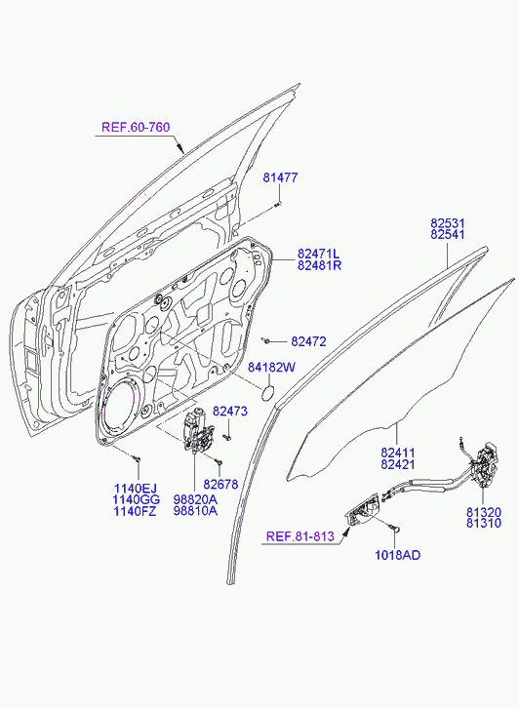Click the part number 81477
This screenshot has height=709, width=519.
tap(281, 177)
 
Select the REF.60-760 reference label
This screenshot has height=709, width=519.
tap(136, 127)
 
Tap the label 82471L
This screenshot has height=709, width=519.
tap(319, 254)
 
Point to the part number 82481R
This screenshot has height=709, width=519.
tap(319, 265)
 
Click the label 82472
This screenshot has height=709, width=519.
tap(308, 341)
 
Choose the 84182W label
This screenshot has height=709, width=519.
tap(271, 367)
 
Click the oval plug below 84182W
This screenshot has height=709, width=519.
tap(269, 392)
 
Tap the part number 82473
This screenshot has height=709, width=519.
tap(230, 412)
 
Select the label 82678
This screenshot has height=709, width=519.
tap(220, 485)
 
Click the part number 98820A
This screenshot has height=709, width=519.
tap(195, 499)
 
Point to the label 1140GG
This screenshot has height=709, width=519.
tap(137, 499)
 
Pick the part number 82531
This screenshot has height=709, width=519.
tap(448, 223)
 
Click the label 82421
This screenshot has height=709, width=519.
tap(398, 464)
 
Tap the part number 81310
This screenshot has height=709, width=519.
tap(484, 523)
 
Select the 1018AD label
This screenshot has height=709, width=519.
tap(398, 555)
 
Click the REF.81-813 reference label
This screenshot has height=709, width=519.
tap(300, 536)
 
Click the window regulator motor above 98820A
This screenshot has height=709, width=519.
tap(196, 429)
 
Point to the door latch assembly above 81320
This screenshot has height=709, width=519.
tap(484, 466)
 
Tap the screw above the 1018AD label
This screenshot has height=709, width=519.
tap(394, 528)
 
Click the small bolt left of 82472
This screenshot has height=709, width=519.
tap(266, 339)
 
